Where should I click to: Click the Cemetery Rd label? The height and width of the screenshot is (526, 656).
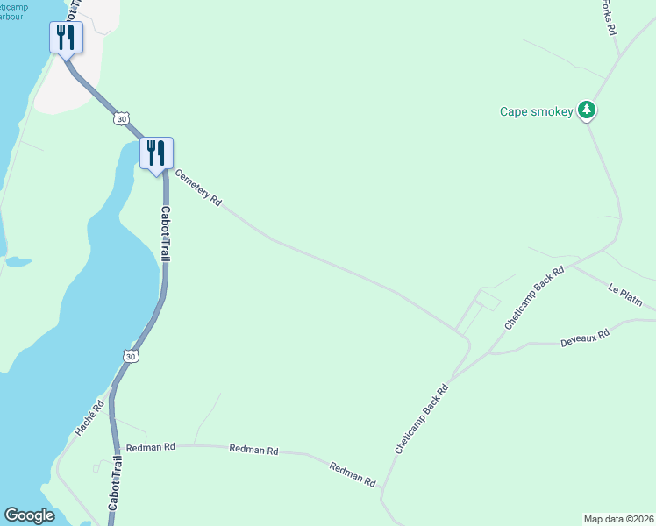coord(197,187)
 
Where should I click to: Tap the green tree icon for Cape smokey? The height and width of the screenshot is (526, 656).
coord(588,110)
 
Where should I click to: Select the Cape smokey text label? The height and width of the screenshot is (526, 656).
coord(536,111)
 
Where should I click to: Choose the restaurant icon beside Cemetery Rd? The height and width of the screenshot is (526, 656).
coord(156,153)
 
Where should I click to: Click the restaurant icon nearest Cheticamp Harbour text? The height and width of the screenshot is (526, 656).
coord(66,38)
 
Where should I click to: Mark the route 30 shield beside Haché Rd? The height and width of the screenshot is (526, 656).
coord(130,356)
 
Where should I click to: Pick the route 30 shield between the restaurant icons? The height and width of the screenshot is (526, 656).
coord(120,117)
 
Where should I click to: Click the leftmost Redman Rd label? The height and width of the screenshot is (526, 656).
coord(151,447)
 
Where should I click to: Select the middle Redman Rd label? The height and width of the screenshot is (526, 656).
coord(253,450)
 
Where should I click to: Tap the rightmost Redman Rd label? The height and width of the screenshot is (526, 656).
coord(353,473)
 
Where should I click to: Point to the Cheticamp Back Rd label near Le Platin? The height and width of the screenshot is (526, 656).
coord(534,299)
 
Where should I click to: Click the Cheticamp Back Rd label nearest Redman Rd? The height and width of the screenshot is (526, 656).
coord(422,418)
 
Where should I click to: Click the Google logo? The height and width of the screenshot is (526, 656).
coord(29,515)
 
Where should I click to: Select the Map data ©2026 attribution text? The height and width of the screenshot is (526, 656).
coord(618,519)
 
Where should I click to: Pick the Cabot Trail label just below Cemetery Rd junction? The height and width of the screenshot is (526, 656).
coord(164,233)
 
